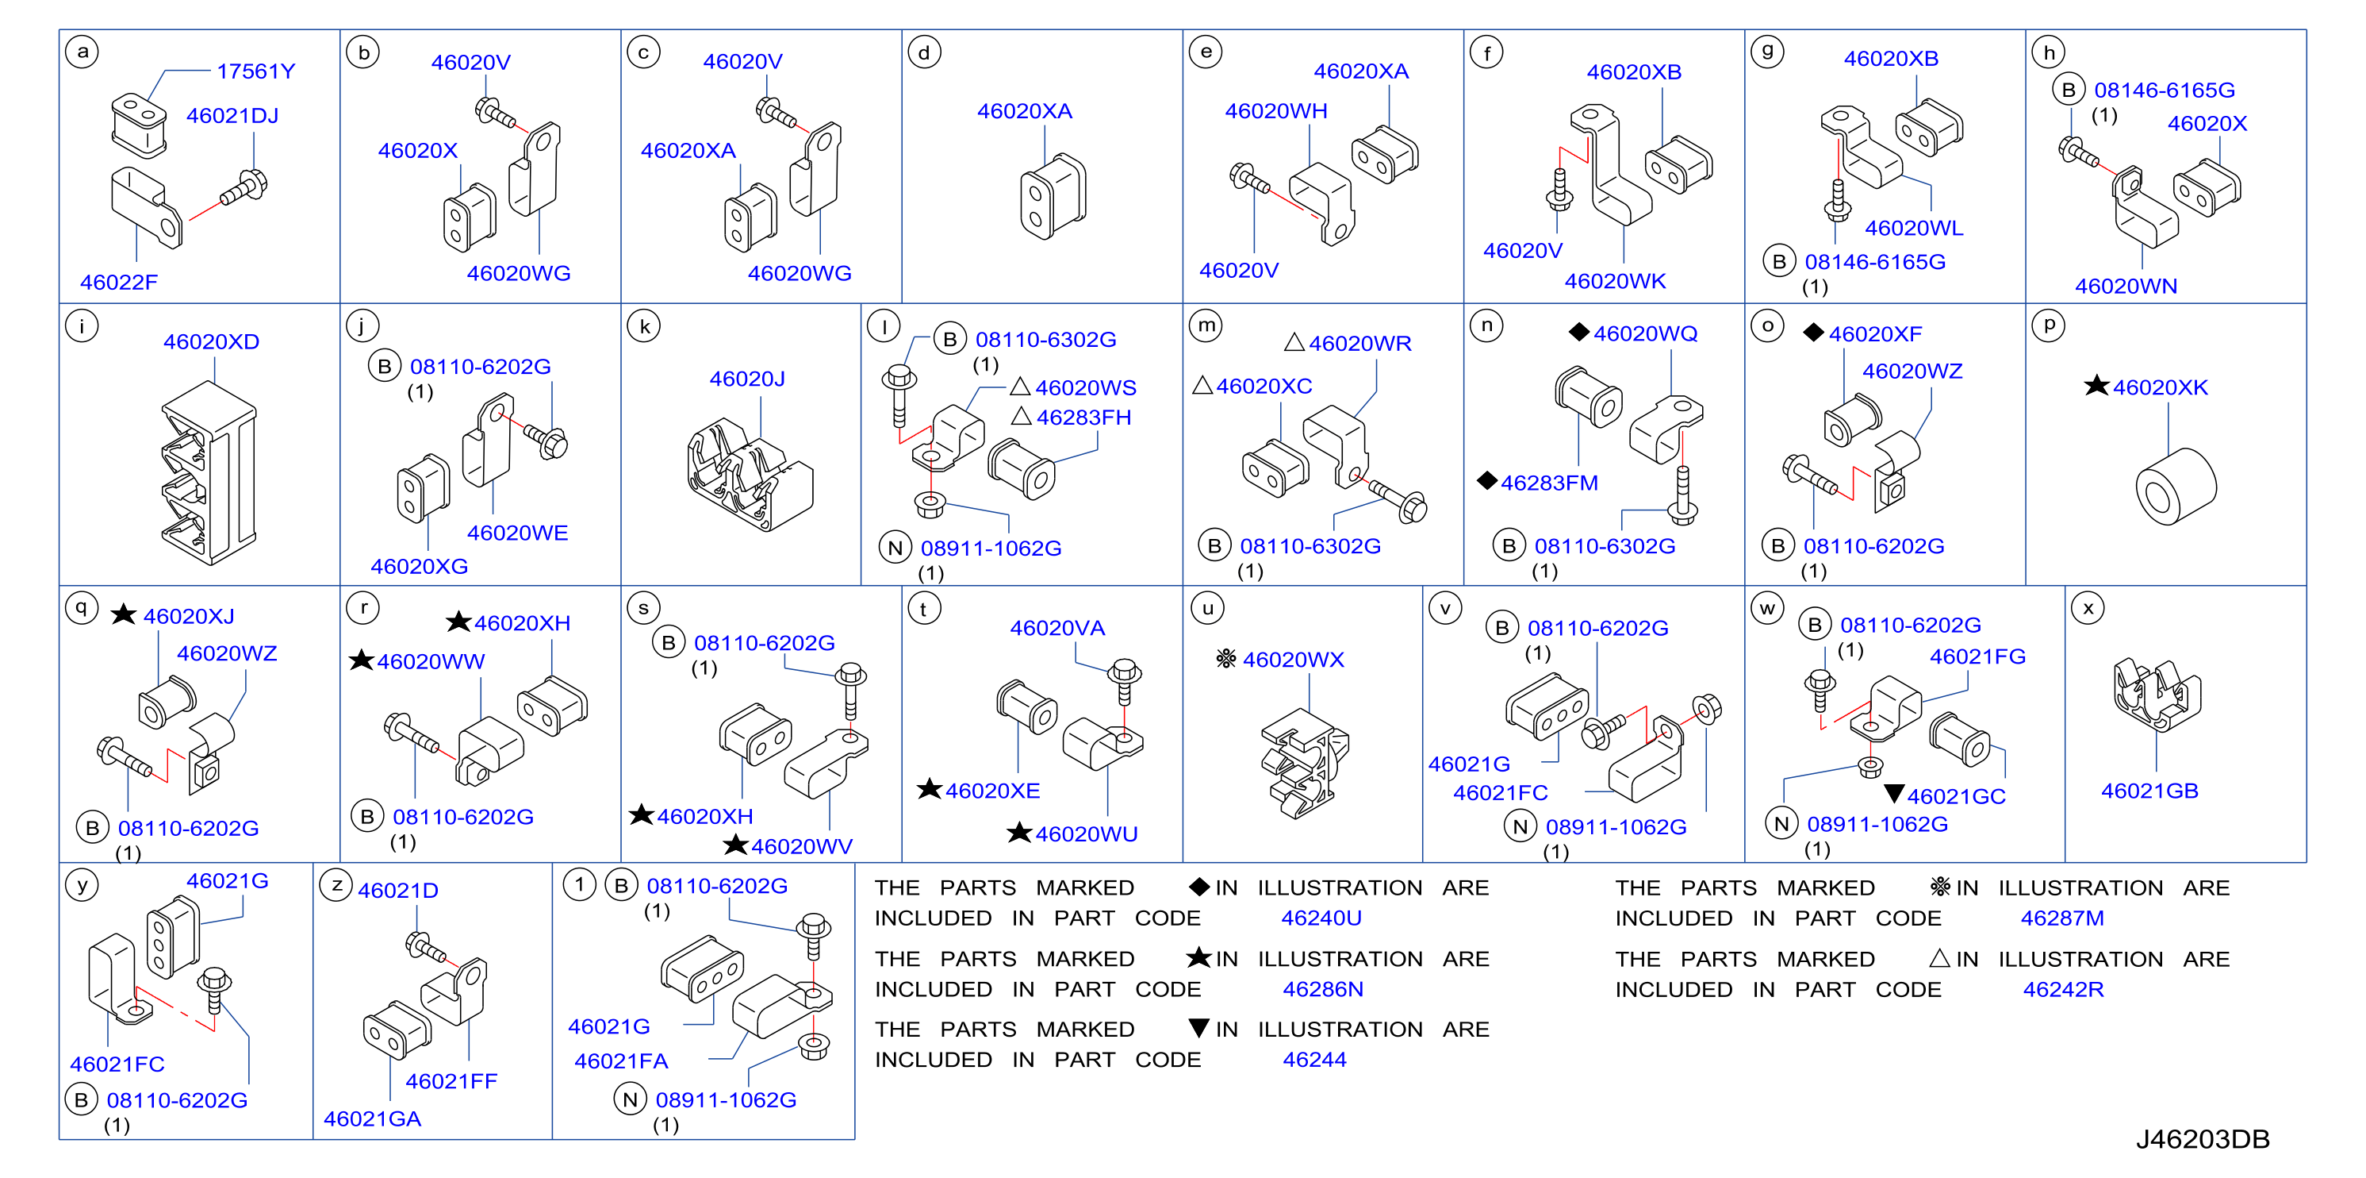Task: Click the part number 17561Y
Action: point(256,71)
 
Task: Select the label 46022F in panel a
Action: point(120,282)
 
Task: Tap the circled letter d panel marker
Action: point(924,52)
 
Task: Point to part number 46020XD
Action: point(211,342)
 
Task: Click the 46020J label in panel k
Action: point(746,379)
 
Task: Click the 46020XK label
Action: point(2161,387)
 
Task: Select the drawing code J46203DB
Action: point(2202,1139)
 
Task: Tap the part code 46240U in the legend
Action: point(1321,918)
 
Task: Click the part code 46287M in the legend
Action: point(2062,918)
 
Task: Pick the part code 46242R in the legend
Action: point(2063,990)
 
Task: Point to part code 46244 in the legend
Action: point(1314,1060)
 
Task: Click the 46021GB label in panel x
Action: point(2149,791)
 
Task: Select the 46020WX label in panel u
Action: point(1293,660)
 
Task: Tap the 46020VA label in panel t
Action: point(1057,629)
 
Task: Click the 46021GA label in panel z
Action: point(372,1119)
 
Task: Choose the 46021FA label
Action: point(621,1061)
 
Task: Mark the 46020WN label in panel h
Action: point(2126,287)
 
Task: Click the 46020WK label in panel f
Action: point(1615,281)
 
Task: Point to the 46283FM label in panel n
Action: point(1548,483)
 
